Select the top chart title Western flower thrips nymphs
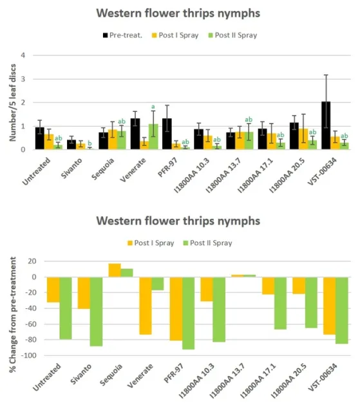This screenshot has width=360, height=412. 179,13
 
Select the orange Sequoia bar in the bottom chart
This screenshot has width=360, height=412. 114,270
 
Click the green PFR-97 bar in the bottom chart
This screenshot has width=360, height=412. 189,313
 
